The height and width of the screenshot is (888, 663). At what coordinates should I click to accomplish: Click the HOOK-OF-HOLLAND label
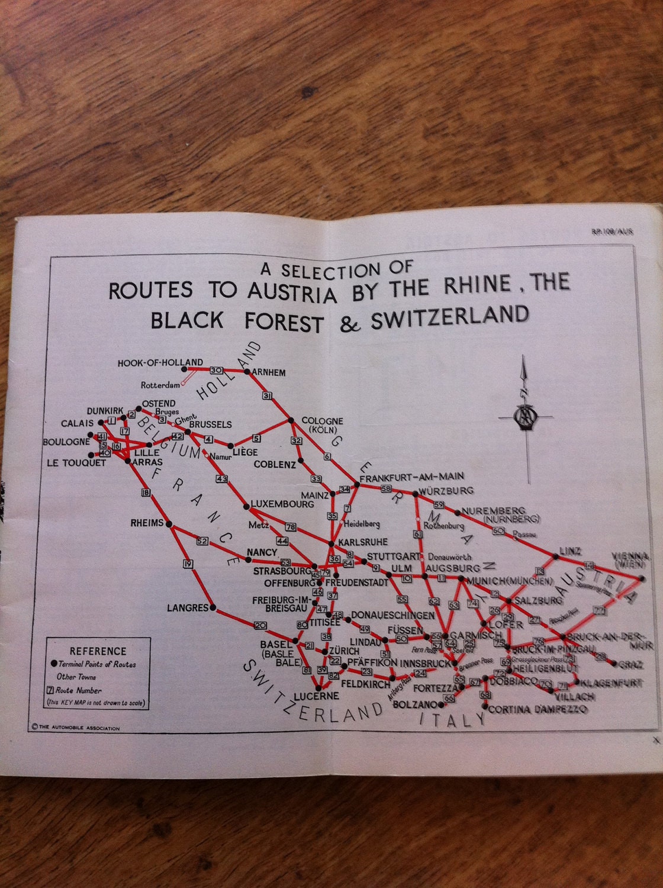tap(160, 362)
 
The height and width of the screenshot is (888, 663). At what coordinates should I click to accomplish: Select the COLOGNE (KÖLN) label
tap(322, 425)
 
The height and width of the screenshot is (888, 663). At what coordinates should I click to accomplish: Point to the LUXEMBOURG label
tap(282, 504)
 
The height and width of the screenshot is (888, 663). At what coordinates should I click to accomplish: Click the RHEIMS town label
tap(147, 523)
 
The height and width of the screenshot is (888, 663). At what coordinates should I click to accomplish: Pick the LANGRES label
tap(188, 607)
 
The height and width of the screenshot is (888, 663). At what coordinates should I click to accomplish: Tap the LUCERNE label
tap(317, 696)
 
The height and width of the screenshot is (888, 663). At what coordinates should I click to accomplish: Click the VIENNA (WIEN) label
tap(630, 561)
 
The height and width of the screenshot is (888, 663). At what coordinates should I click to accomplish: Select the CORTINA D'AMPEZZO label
tap(538, 709)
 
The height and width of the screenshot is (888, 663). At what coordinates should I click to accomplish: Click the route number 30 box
tap(216, 370)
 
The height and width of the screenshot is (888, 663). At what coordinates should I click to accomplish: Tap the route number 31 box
tap(268, 395)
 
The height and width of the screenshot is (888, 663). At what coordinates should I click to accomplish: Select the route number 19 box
tap(188, 564)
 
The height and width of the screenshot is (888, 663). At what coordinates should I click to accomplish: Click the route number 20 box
tap(260, 625)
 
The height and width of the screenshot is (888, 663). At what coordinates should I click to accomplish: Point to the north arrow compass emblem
tap(524, 417)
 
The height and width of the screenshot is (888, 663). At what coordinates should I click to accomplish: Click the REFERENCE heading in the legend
tap(98, 651)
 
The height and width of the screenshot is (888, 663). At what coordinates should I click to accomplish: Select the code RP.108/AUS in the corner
tap(611, 231)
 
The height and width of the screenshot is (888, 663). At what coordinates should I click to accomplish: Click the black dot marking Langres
tap(213, 607)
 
